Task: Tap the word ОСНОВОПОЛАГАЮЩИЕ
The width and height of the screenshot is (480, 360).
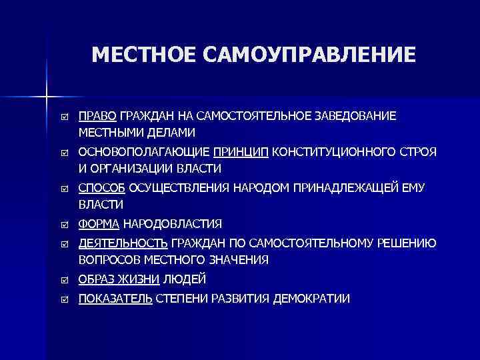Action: tap(144, 153)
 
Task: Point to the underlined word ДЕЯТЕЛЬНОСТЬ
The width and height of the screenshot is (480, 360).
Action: tap(123, 244)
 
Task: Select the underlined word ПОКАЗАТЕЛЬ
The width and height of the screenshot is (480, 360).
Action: tap(115, 299)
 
